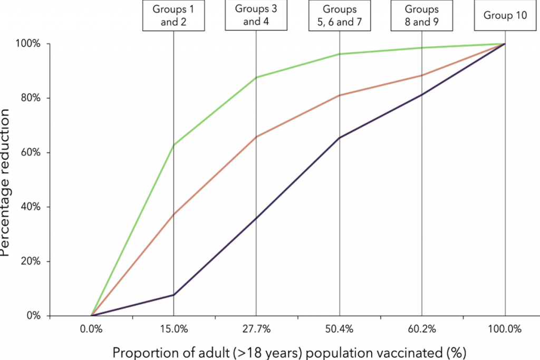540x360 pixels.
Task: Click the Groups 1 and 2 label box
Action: (173, 15)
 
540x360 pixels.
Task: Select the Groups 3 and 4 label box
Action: (256, 15)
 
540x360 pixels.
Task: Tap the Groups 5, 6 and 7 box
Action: (340, 15)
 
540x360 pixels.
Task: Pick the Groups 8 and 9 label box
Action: (421, 15)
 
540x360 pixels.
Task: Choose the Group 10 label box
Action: (505, 15)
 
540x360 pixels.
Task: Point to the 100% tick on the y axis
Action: (28, 44)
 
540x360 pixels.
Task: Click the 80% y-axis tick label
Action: (30, 98)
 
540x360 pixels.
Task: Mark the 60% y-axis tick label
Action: (30, 152)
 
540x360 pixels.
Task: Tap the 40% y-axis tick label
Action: (30, 207)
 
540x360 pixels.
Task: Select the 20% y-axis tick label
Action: (30, 261)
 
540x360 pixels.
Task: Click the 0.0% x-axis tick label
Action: (91, 329)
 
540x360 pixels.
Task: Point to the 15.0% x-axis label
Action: (174, 329)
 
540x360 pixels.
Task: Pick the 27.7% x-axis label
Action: (256, 329)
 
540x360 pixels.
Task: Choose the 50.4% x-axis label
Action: (339, 329)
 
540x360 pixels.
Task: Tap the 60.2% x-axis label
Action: (422, 329)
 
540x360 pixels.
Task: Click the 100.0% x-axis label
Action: (505, 329)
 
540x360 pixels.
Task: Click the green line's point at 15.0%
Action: (173, 145)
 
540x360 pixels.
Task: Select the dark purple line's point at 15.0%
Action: (173, 295)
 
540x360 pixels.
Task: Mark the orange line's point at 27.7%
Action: (256, 137)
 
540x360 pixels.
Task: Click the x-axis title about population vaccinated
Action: (290, 353)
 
